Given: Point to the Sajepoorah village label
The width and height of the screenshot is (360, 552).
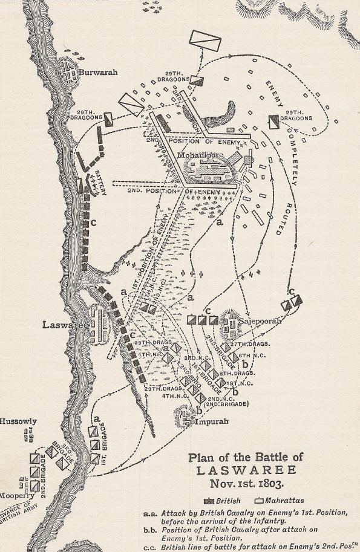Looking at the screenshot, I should click(261, 320).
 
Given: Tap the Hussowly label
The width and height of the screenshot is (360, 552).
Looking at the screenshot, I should click(19, 421).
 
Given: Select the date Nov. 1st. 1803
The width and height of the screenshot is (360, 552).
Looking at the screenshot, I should click(245, 484).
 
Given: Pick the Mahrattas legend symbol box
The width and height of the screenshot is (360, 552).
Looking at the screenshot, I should click(259, 501).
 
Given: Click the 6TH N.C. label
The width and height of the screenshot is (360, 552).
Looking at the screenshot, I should click(249, 356).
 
